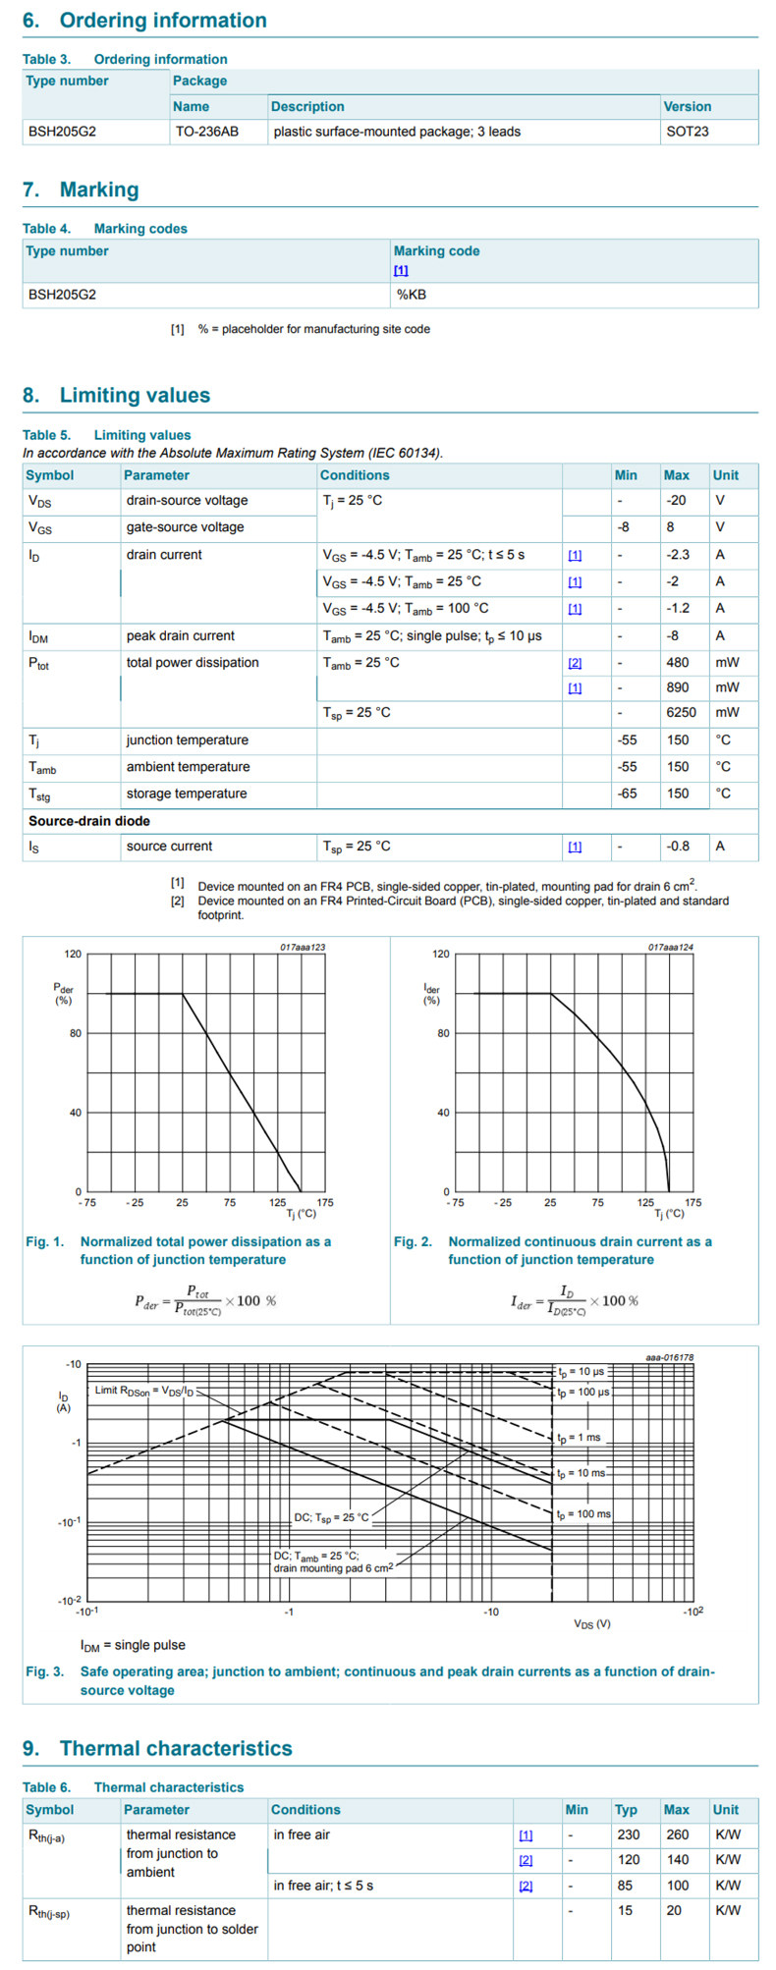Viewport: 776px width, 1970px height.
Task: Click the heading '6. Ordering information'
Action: click(144, 21)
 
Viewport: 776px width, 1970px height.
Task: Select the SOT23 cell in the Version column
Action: click(687, 132)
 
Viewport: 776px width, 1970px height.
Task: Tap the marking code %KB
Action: click(411, 295)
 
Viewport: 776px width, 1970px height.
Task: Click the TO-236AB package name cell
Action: click(206, 132)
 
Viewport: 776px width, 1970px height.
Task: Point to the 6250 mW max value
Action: click(681, 713)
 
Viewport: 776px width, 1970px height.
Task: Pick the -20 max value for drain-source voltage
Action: click(676, 501)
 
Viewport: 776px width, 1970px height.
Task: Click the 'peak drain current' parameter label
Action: click(181, 636)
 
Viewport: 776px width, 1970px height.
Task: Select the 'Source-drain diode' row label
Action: click(89, 821)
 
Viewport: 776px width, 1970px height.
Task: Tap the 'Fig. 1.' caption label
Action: click(44, 1242)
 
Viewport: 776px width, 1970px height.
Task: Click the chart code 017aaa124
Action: click(670, 948)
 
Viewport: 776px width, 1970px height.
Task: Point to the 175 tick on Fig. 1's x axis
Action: click(325, 1202)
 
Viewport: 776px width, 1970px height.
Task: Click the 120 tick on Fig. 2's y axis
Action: click(441, 954)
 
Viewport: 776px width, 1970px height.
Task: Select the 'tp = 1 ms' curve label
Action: click(579, 1438)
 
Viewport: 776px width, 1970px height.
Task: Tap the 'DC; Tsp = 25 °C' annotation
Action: click(331, 1518)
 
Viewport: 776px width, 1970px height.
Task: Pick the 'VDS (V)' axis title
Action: click(592, 1623)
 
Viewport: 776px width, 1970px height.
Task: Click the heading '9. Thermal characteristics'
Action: click(157, 1749)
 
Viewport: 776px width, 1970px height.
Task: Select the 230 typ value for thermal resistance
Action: click(628, 1834)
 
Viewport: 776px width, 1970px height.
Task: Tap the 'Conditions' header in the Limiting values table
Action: click(355, 475)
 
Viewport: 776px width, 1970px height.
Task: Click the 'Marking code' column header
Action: click(436, 251)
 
